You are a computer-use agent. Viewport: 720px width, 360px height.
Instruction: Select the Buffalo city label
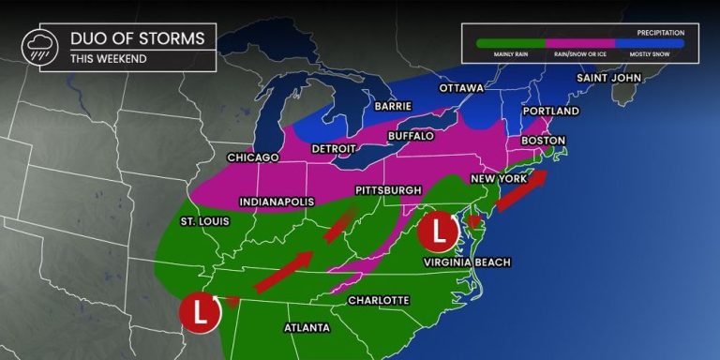point(412,136)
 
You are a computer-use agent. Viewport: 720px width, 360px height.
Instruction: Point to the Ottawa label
point(460,88)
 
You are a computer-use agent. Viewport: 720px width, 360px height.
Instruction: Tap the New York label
point(500,177)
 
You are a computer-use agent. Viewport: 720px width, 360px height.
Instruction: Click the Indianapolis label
point(277,202)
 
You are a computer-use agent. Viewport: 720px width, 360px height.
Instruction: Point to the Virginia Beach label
point(467,262)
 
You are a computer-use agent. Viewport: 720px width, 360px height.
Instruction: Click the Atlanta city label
point(307,327)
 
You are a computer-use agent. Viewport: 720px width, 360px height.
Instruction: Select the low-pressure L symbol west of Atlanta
point(201,312)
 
